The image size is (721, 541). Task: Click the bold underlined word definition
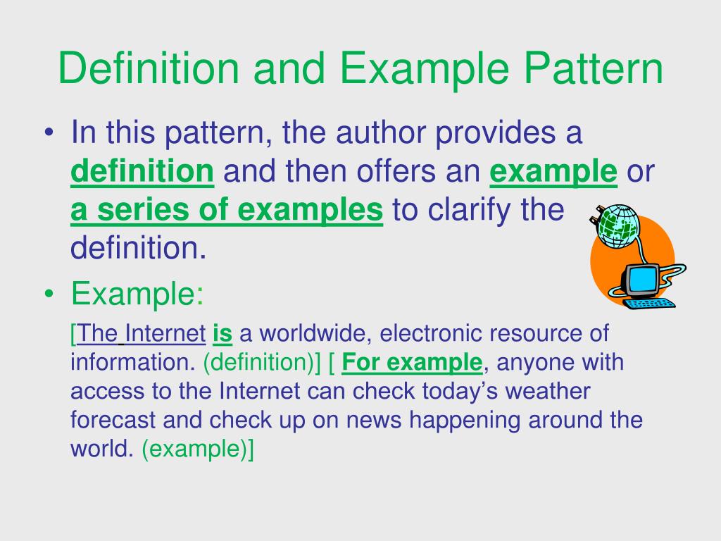(x=142, y=170)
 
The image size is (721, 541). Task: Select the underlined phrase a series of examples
(x=227, y=209)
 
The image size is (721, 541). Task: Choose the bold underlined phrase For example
(x=412, y=362)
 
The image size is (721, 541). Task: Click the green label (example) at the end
(x=193, y=449)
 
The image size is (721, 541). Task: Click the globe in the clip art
(x=617, y=227)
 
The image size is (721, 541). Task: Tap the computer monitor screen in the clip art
(x=641, y=278)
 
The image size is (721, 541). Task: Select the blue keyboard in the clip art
(x=650, y=304)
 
